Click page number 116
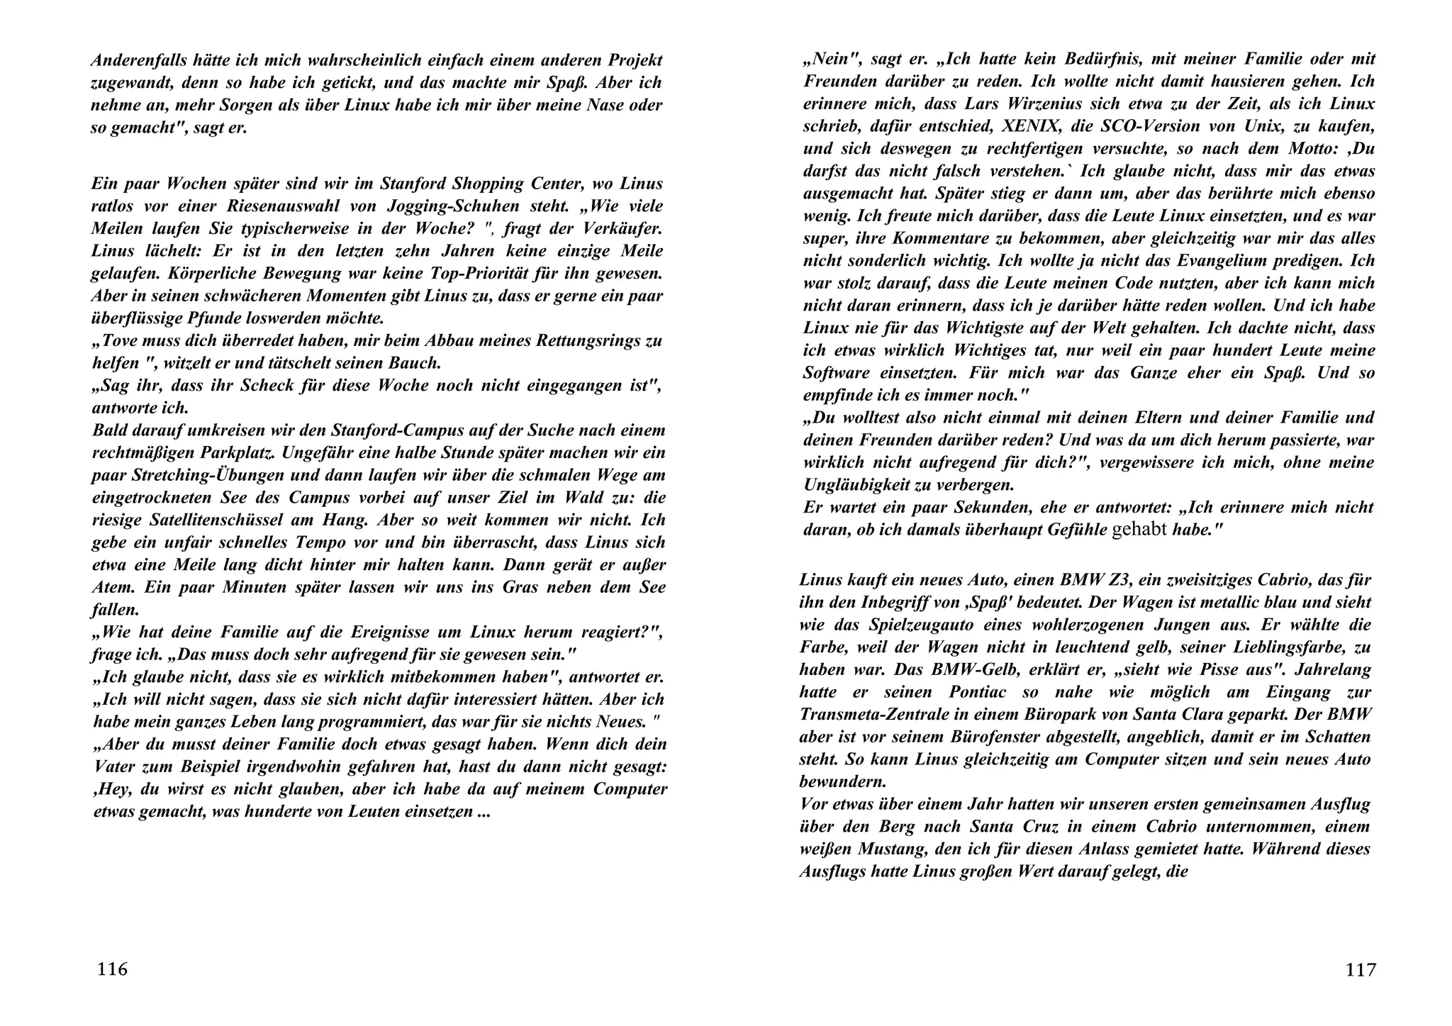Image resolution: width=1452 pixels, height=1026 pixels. (112, 969)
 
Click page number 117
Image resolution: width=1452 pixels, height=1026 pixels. (1361, 969)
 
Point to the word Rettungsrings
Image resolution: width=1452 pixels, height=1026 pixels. (584, 340)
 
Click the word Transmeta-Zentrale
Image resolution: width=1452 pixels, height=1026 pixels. (874, 714)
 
